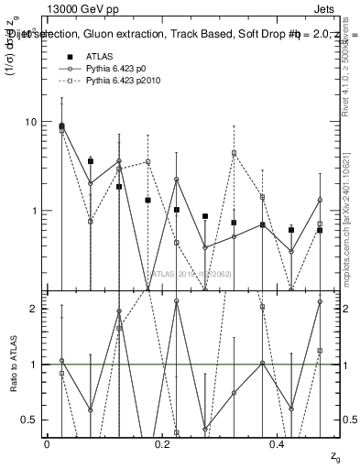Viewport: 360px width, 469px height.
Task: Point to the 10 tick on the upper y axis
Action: (32, 122)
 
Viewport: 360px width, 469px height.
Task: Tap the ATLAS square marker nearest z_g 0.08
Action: (90, 161)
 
